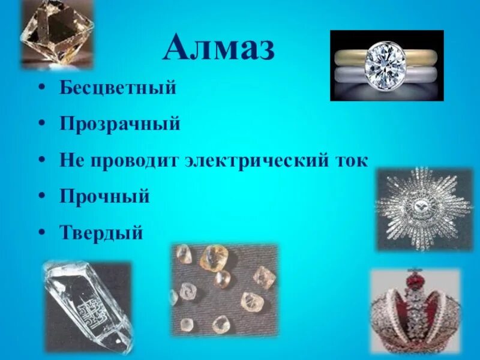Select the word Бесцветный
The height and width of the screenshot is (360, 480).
(118, 88)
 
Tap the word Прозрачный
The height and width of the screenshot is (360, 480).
(120, 124)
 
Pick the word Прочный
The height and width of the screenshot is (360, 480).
(104, 196)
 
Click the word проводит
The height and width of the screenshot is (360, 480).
(131, 160)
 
